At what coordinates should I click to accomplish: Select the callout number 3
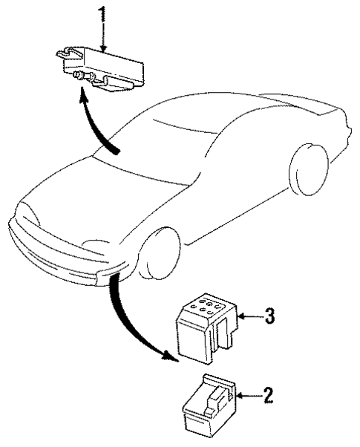coord(271,317)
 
